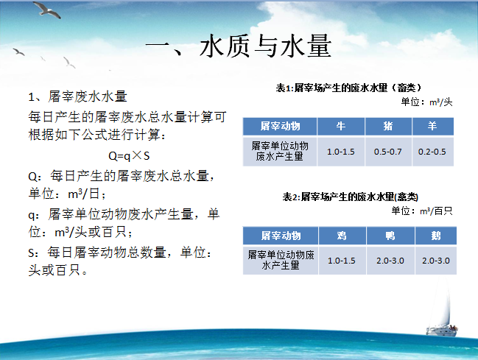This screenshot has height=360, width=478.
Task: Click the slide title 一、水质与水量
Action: (239, 46)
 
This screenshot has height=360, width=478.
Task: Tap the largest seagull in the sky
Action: (46, 10)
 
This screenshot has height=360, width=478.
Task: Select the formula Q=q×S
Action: (129, 156)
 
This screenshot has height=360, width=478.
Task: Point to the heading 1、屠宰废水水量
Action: (77, 96)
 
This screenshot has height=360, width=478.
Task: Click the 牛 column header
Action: (341, 126)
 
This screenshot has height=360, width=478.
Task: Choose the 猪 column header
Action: (388, 126)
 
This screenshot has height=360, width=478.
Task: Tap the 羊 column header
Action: (432, 126)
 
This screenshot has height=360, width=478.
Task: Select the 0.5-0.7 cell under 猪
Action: (387, 152)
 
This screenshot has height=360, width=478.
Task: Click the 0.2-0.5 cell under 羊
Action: (432, 152)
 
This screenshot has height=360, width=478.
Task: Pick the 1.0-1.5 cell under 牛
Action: (341, 152)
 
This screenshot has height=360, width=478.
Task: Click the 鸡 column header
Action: (342, 236)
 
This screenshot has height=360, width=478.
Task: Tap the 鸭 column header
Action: (390, 236)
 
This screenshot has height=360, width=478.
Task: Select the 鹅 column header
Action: (436, 236)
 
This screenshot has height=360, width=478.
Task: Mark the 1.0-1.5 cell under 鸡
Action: (342, 261)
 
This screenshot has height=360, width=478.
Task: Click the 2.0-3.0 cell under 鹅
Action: (436, 261)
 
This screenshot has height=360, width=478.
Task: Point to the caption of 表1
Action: (348, 88)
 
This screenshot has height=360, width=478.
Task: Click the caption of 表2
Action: (351, 197)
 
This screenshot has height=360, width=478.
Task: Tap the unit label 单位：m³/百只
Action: (422, 211)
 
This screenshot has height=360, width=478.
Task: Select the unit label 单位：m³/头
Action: (426, 102)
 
